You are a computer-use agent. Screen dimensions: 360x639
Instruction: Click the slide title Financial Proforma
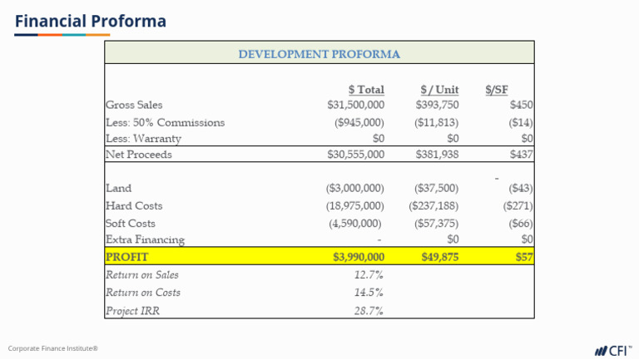90,21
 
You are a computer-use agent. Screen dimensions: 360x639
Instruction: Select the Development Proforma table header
319,54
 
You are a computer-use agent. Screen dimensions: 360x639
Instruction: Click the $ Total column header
366,89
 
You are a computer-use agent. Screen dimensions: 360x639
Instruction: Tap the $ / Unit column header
439,89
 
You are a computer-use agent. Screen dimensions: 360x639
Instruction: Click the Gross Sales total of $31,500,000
356,105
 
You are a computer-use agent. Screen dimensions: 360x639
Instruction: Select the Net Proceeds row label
136,154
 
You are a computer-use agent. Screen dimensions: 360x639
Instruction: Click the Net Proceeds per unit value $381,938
437,154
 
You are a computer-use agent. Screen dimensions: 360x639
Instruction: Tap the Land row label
118,189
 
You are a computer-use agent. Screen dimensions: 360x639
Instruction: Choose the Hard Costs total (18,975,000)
355,205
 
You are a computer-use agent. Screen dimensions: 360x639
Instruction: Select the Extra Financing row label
145,239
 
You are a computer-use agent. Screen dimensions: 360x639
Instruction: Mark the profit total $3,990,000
359,257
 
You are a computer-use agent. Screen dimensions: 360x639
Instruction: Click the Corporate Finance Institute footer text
53,348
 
